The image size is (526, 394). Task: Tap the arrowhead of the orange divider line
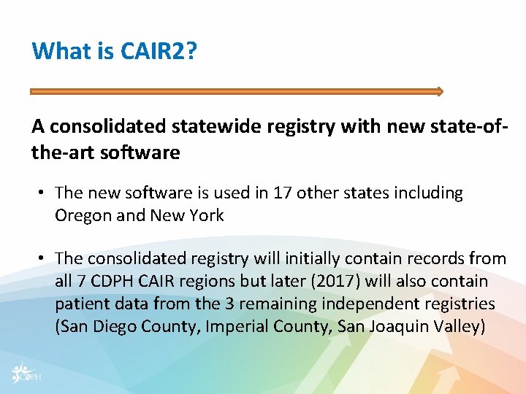[x=439, y=92]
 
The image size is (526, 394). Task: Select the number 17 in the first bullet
[x=282, y=193]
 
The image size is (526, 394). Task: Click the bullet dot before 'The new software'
[x=44, y=193]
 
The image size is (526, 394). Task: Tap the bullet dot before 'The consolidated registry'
[x=44, y=259]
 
